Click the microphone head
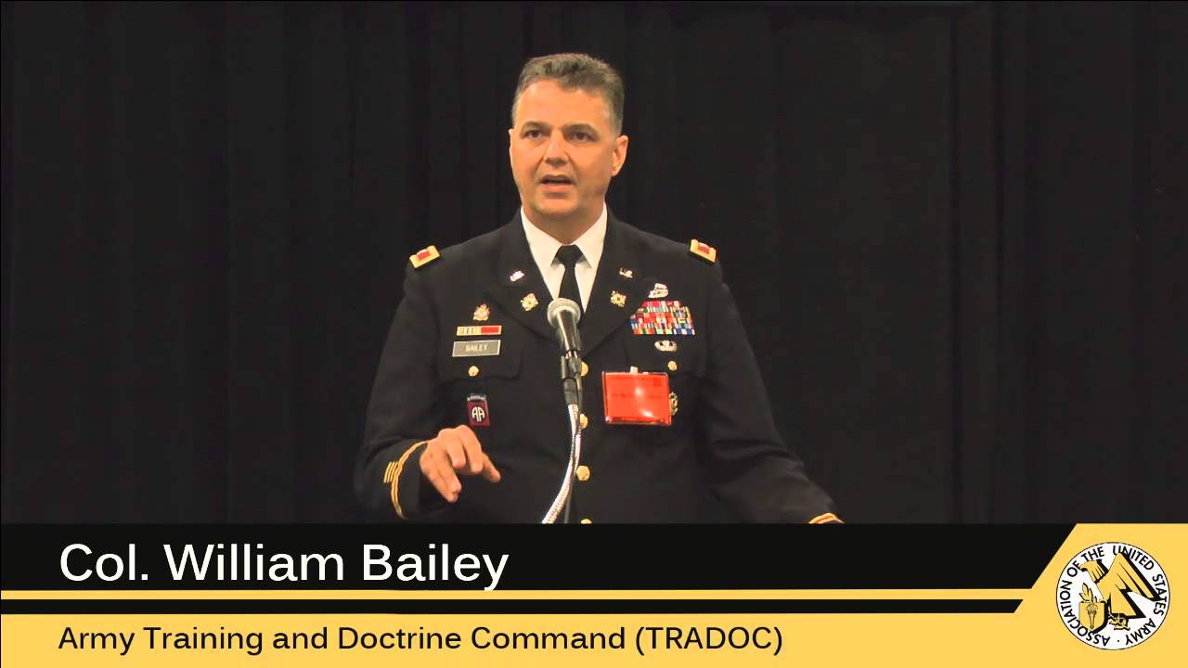(x=563, y=314)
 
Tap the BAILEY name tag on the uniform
(x=476, y=348)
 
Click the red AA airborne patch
(x=477, y=411)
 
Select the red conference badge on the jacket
(x=636, y=398)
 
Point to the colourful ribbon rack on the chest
(x=662, y=318)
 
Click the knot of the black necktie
(x=568, y=255)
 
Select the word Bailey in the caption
(x=445, y=564)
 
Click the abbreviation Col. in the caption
(x=103, y=562)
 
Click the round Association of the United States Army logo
(x=1112, y=596)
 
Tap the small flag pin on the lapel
(x=517, y=276)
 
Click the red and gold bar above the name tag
(x=479, y=329)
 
